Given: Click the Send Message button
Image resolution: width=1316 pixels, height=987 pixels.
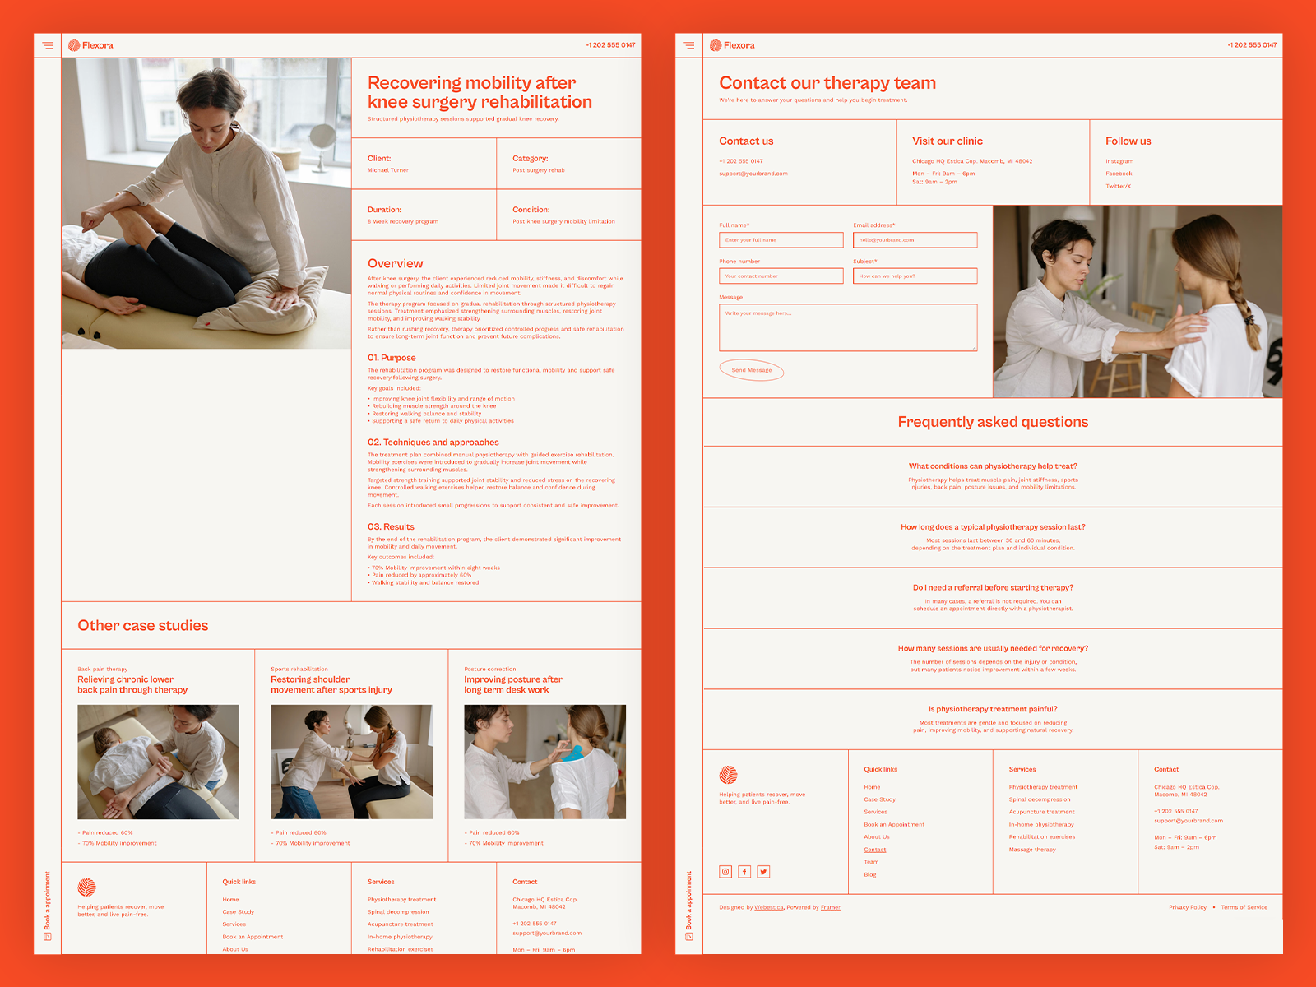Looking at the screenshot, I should pos(752,370).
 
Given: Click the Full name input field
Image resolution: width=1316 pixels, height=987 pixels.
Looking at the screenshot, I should pos(781,240).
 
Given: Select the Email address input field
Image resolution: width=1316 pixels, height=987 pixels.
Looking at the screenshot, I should pos(915,240).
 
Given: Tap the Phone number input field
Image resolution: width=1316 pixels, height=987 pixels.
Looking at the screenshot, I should pos(781,276).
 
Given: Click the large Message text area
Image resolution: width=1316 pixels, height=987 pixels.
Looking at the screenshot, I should pos(848,327).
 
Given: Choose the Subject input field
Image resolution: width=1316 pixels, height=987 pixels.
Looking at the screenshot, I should pos(915,276).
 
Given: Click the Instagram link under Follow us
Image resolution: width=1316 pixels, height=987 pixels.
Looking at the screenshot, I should pos(1119,161).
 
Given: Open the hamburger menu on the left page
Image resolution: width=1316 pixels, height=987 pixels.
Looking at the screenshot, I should pos(48,45).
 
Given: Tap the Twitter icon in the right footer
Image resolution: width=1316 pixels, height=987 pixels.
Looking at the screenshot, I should pos(763,872).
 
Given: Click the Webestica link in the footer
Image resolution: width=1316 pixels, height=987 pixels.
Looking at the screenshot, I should pos(769,907).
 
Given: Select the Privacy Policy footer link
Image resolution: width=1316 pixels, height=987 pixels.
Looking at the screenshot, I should pos(1187,907).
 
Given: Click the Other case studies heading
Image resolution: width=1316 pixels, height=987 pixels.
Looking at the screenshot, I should pos(143,626).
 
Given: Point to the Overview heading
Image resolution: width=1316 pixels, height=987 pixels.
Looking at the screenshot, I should pos(396,264).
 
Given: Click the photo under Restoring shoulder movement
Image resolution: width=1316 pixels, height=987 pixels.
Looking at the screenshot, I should pos(351,762).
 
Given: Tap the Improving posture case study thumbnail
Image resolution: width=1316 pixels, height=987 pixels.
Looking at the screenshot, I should pos(544,762).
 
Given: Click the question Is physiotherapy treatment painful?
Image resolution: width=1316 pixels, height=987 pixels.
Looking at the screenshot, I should pos(993,709).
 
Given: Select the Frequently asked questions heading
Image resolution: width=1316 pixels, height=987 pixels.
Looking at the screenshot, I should pos(993,422).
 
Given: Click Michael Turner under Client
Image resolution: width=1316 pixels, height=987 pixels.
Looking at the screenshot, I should pos(388,170).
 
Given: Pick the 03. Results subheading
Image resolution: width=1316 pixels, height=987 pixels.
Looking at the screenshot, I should pos(391,527).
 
